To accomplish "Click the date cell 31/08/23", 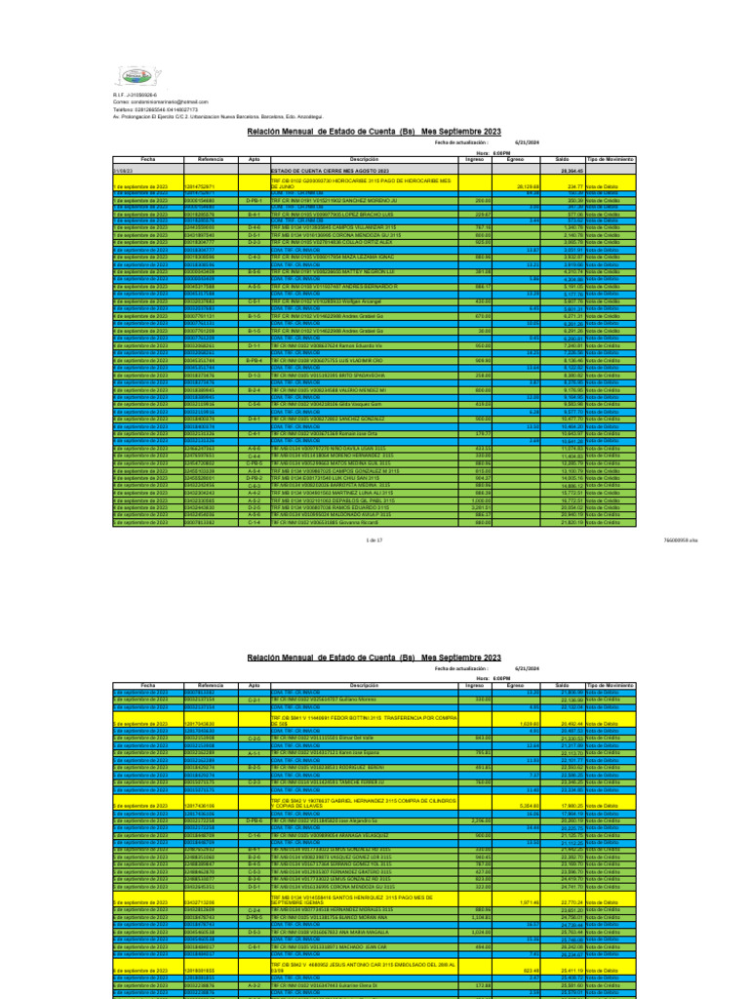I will click(x=122, y=170).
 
